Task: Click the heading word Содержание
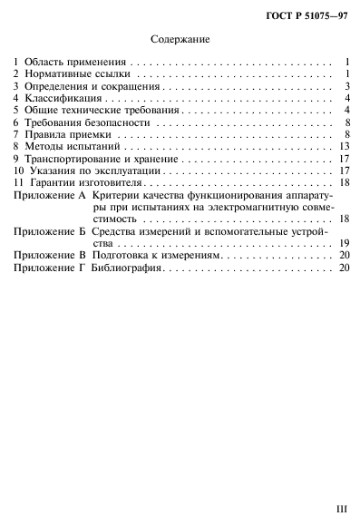(x=180, y=40)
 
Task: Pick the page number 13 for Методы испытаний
(x=344, y=145)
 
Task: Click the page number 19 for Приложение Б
(x=344, y=268)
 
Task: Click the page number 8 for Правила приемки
(x=347, y=132)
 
